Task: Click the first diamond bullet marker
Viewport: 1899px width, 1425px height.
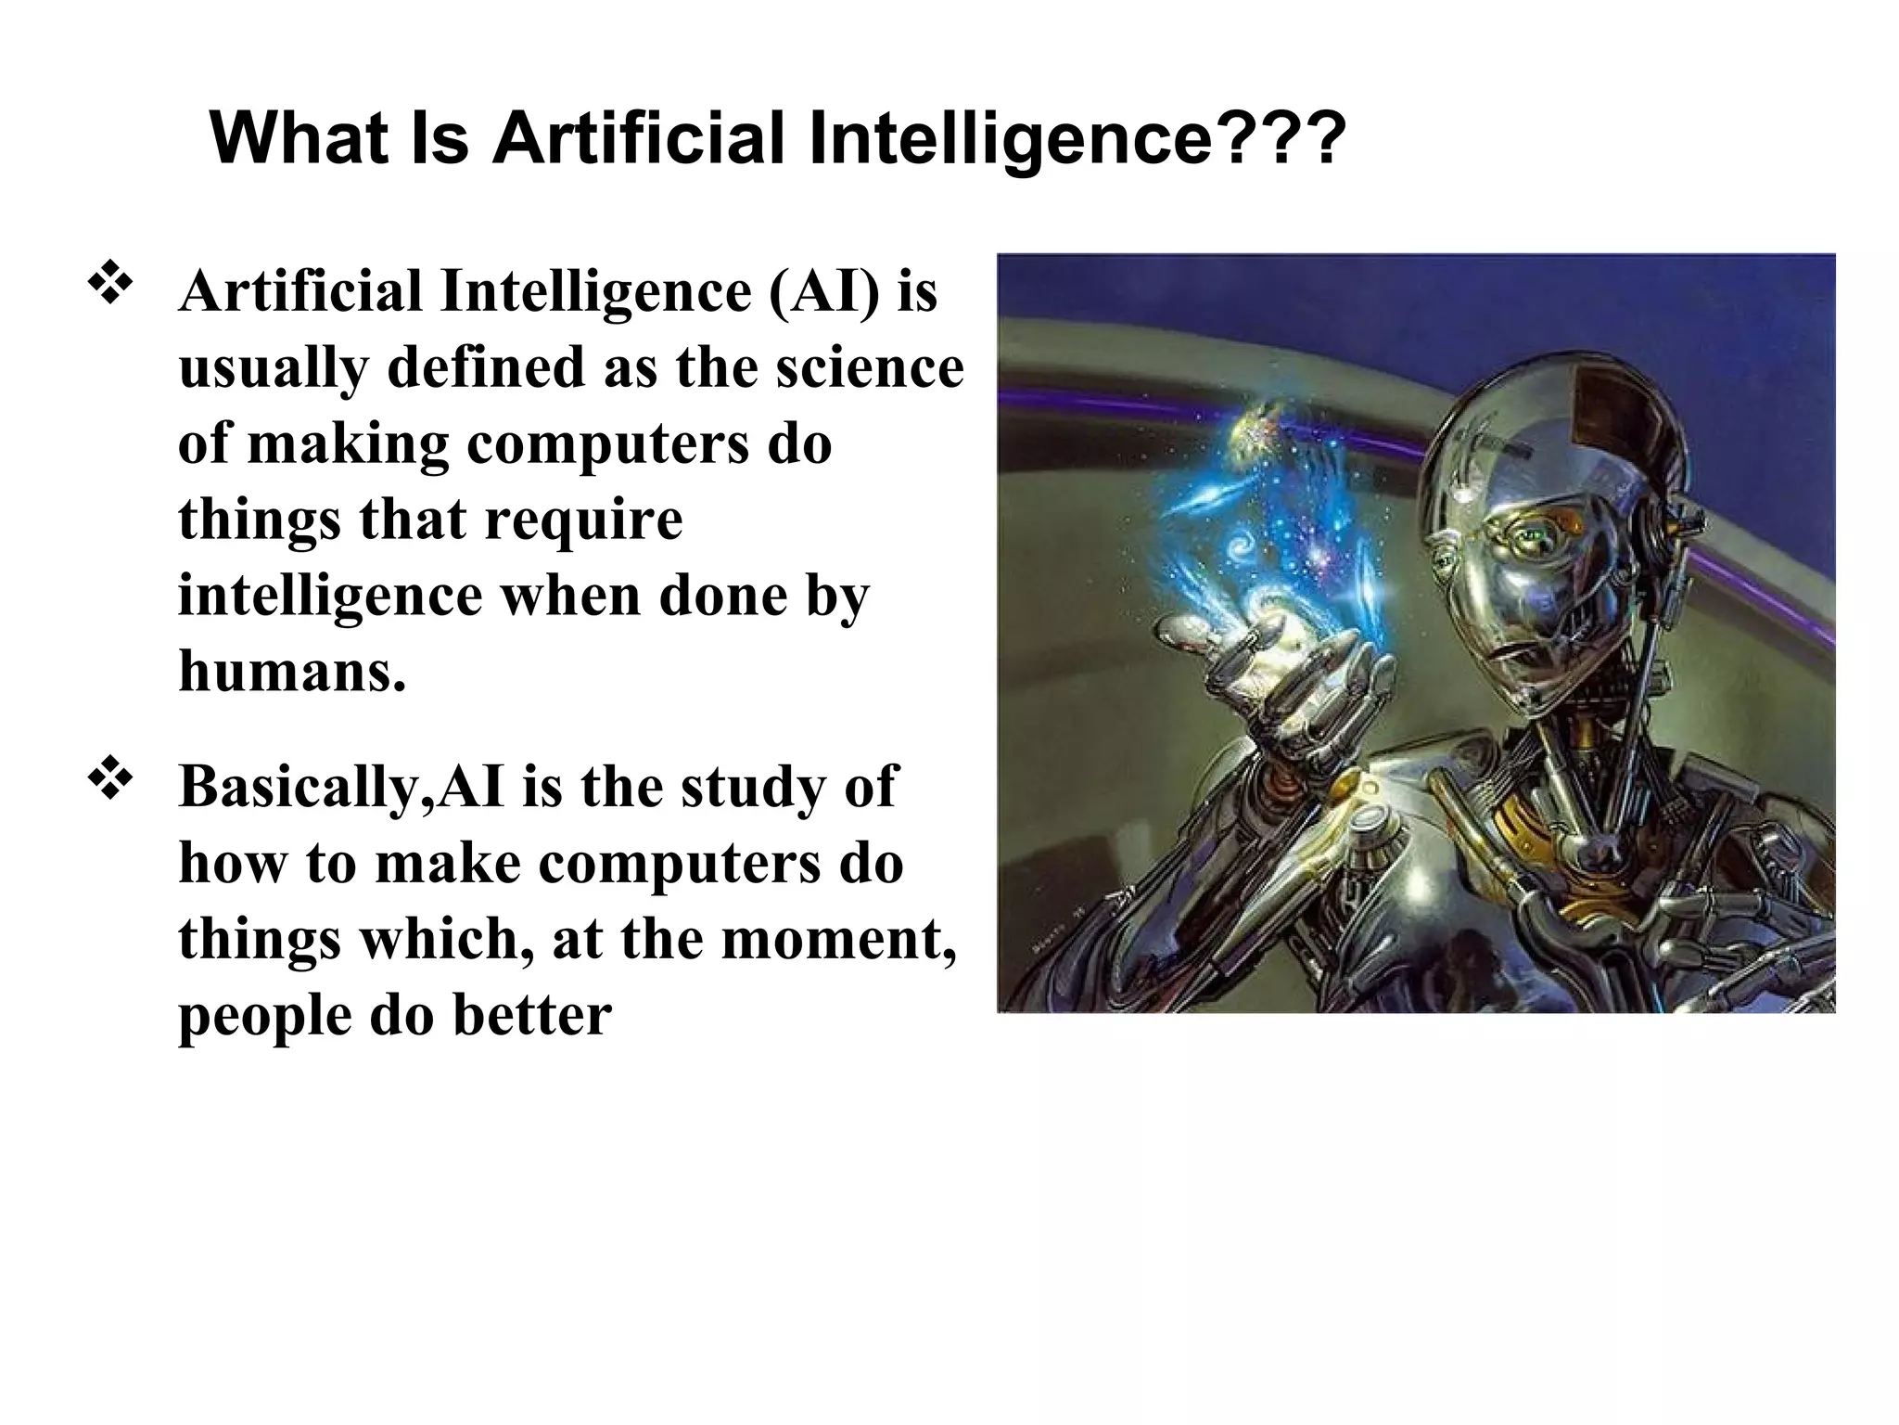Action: point(110,285)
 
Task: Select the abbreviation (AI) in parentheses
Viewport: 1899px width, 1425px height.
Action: point(823,291)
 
